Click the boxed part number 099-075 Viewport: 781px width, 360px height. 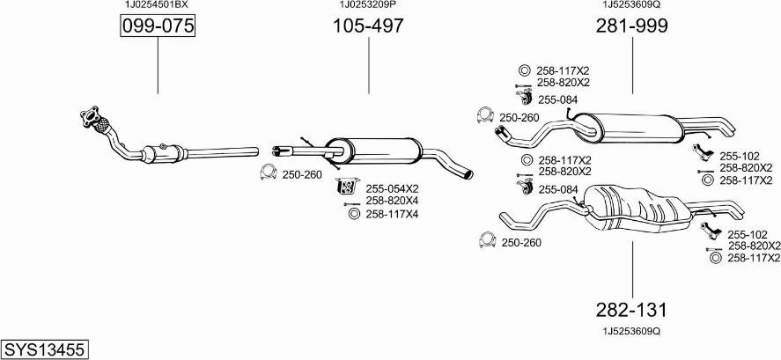tap(157, 27)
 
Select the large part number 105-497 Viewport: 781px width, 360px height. tap(368, 26)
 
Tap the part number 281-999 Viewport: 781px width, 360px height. tap(631, 26)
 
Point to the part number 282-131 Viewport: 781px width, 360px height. tap(631, 310)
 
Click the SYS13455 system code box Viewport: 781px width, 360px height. tap(44, 349)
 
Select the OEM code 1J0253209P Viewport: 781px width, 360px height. tap(368, 4)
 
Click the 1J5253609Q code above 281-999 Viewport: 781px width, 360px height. tap(631, 4)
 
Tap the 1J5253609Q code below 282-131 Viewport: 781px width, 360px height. tap(631, 331)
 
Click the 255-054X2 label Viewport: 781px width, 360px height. tap(392, 188)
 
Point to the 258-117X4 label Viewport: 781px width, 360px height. tap(392, 214)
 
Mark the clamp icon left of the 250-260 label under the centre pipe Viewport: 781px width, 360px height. tap(266, 174)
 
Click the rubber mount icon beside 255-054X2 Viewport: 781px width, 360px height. tap(347, 187)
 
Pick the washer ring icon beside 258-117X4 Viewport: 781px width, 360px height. tap(354, 214)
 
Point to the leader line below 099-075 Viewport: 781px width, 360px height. tap(158, 67)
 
